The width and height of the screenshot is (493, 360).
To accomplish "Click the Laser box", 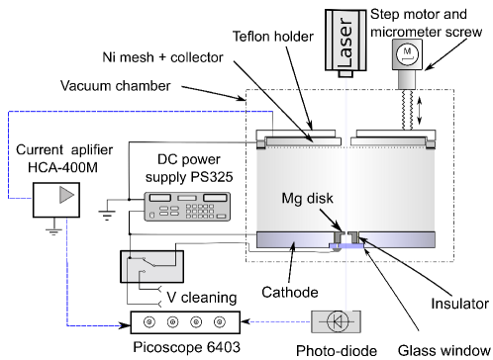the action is coord(345,41).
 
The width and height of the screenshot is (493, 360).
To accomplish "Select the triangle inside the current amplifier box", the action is coord(66,195).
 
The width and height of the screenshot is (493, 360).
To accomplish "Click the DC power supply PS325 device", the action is coord(187,207).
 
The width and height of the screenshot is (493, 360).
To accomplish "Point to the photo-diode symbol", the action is coord(337,321).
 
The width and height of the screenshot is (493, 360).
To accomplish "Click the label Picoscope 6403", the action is coord(186,347).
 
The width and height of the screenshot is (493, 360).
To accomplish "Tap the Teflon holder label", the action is coord(273,37).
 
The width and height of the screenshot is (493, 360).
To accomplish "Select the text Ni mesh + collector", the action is coord(162,57).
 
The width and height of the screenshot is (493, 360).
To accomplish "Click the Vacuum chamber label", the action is coord(116,86).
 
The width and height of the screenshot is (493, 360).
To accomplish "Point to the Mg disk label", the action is coord(307,199).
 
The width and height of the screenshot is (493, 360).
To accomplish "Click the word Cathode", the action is coord(290,292).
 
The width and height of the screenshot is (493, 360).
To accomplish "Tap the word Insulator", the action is coord(459,304).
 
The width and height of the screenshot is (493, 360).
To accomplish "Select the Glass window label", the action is coord(444,350).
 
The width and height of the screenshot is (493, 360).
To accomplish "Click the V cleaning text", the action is coord(202,298).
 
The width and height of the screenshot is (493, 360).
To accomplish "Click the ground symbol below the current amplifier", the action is coord(53,230).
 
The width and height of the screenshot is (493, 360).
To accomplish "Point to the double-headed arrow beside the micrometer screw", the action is coord(420,110).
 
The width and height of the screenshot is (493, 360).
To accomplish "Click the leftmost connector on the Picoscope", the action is coord(149,321).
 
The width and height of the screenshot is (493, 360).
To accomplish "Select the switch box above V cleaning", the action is coord(151,266).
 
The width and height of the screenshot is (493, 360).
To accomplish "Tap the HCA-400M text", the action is coord(62,167).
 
